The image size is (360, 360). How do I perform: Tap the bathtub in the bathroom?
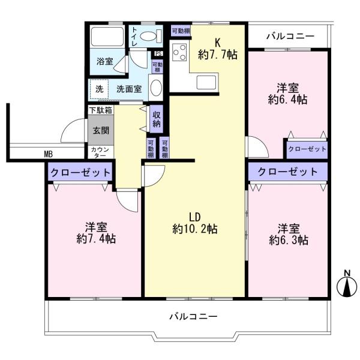point(107,37)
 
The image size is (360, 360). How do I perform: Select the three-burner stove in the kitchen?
point(179,52)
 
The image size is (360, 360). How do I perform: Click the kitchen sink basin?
point(206,82)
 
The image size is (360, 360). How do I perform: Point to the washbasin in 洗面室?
point(157,87)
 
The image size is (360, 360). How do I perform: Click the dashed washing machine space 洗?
point(99,89)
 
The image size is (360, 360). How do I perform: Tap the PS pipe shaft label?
point(158,54)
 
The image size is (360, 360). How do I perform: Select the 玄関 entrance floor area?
point(101,130)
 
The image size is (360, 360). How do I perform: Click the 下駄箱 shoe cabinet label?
point(101,110)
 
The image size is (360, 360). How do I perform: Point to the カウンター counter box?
point(101,152)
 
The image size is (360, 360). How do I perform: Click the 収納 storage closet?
point(157,119)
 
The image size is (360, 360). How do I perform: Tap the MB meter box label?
point(49,154)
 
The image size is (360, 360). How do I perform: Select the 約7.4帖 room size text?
point(96,239)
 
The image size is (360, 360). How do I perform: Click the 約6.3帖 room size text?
point(289,241)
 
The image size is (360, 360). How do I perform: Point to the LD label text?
point(194,217)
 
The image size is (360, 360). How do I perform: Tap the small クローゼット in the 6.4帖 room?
point(307,149)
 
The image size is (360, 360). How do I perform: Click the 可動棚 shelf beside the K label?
point(181,31)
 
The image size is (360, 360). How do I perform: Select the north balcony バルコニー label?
point(290,36)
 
